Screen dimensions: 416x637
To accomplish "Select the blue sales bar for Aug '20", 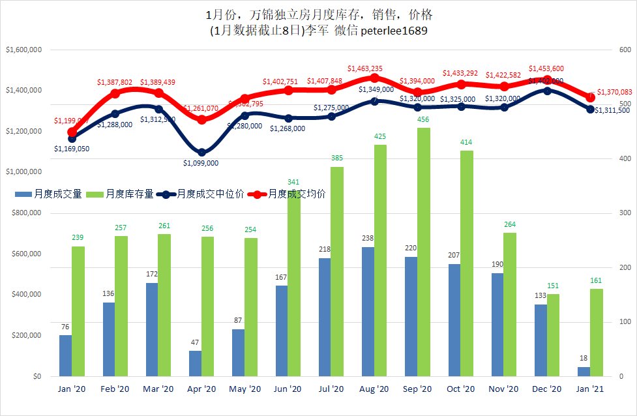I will [368, 312].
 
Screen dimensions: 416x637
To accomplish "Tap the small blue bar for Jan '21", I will [584, 372].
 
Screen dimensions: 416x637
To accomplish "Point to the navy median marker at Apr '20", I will [202, 153].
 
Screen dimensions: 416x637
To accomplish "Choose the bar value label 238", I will [368, 239].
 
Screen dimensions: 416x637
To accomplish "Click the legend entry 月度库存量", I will [125, 194].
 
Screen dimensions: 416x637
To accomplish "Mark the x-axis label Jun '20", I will [288, 389].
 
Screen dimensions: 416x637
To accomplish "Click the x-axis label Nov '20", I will [503, 389].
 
